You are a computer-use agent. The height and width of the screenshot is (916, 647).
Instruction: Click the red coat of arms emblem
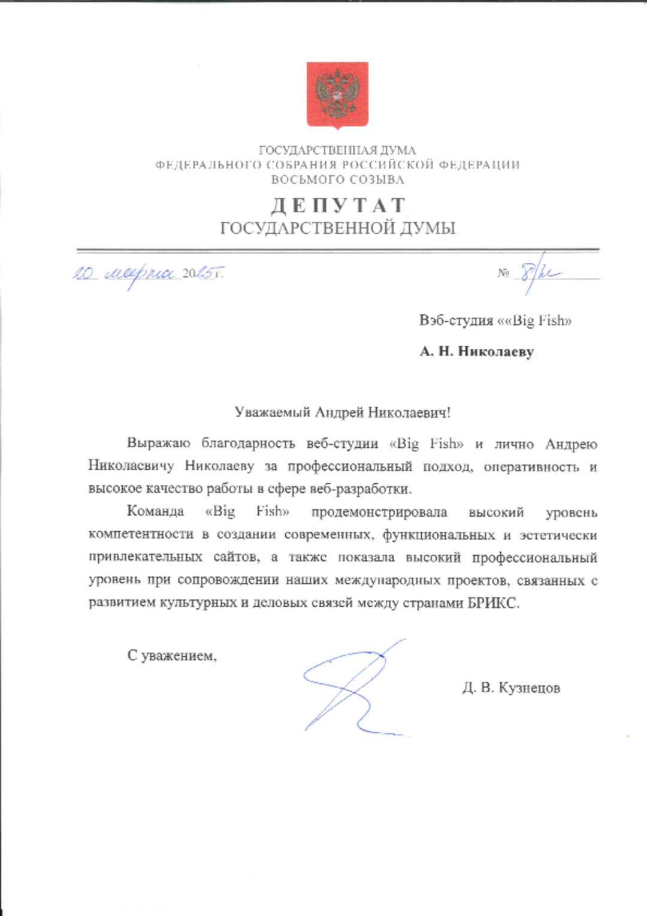(x=337, y=95)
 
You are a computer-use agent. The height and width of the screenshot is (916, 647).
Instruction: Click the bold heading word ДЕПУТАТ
(x=338, y=206)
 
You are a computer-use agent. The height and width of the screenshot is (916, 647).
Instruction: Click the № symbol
(x=503, y=273)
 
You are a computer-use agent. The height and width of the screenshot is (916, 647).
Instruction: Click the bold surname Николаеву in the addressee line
(x=495, y=351)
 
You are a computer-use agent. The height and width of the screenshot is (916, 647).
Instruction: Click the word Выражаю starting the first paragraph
(x=158, y=444)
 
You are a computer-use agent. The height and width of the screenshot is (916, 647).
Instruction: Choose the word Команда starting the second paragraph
(x=155, y=511)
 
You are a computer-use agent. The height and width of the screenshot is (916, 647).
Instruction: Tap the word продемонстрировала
(x=379, y=512)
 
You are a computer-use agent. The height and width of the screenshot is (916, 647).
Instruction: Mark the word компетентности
(x=141, y=534)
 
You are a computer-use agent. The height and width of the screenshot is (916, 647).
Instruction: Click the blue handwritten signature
(x=353, y=686)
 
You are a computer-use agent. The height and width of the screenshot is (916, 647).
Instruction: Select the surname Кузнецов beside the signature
(x=529, y=688)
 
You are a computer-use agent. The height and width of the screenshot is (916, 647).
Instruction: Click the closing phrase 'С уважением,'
(x=172, y=655)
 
